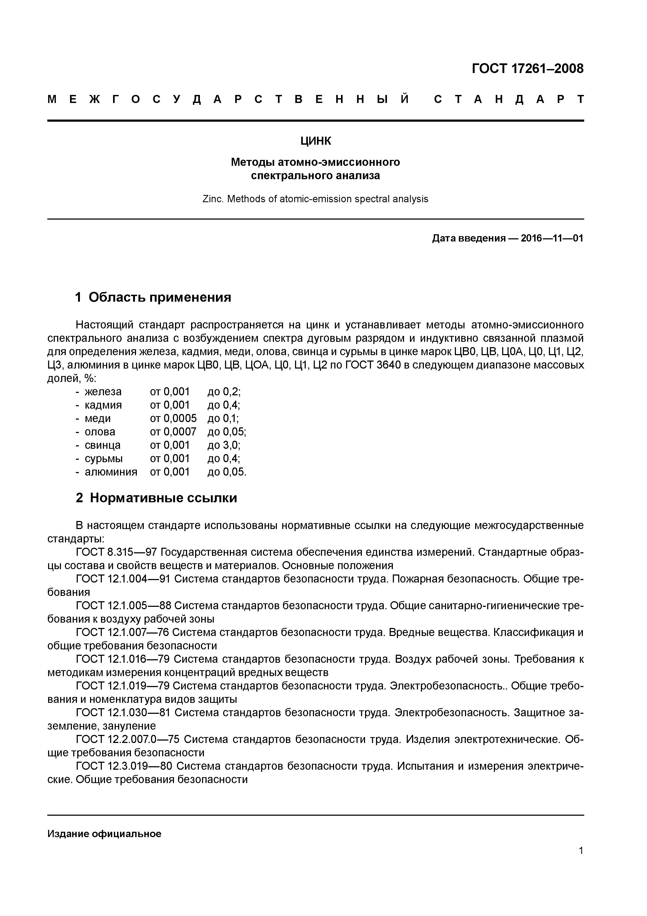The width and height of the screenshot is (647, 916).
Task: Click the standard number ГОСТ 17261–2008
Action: pyautogui.click(x=527, y=69)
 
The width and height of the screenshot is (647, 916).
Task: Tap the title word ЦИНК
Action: pyautogui.click(x=316, y=141)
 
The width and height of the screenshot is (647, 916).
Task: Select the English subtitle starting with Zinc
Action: pyautogui.click(x=315, y=199)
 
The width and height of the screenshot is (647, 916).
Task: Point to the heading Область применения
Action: pyautogui.click(x=160, y=297)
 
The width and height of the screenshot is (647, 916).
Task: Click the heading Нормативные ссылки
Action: pyautogui.click(x=164, y=498)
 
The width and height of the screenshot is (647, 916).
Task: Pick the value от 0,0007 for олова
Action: pyautogui.click(x=173, y=431)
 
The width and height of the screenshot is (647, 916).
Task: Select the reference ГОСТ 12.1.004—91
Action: pyautogui.click(x=123, y=578)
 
